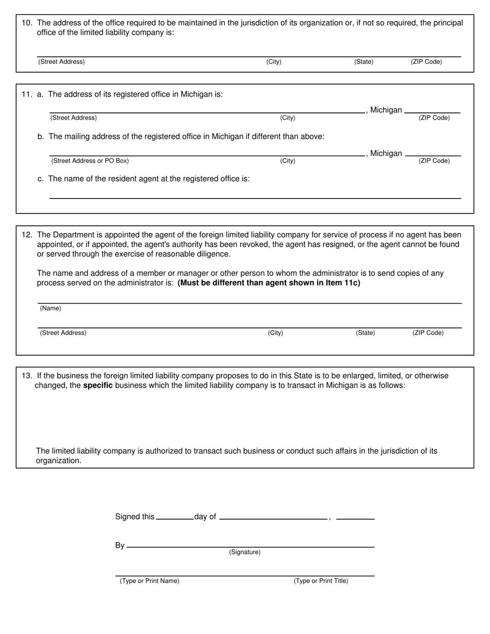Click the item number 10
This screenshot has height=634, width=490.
[27, 23]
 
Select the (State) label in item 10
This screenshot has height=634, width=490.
[364, 62]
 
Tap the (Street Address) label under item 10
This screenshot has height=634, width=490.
[61, 62]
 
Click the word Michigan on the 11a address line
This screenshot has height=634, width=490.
[386, 110]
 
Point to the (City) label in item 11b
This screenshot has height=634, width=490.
[287, 161]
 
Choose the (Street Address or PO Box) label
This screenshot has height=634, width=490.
[90, 161]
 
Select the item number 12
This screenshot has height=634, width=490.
[27, 235]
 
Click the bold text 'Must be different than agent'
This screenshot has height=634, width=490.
[269, 283]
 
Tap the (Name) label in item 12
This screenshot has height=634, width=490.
[51, 308]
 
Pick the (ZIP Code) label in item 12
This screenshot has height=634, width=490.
[428, 333]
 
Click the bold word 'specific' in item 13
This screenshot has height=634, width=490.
[97, 386]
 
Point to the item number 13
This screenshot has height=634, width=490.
[27, 376]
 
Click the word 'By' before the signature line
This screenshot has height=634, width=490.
[120, 545]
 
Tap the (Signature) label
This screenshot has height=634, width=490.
[244, 553]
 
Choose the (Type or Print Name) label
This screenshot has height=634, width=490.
[150, 581]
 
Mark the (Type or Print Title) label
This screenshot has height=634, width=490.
[321, 581]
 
